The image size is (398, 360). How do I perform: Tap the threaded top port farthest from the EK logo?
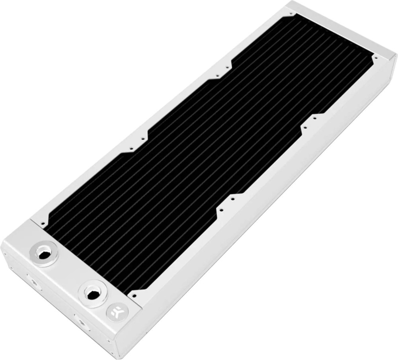tap(43, 254)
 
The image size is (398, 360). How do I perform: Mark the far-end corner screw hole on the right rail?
tap(375, 58)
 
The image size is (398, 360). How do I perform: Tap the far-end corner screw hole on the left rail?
tap(292, 14)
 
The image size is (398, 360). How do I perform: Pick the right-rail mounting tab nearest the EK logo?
tap(226, 202)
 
